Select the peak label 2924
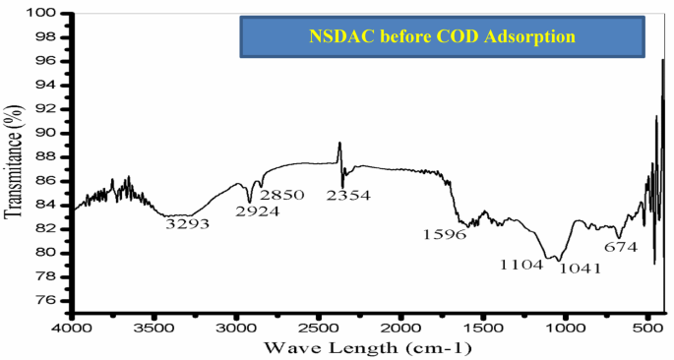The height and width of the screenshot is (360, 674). (x=257, y=210)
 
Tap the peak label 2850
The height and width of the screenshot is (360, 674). (x=283, y=195)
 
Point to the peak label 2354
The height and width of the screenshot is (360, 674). (x=348, y=196)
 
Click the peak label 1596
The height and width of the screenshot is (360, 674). (x=445, y=235)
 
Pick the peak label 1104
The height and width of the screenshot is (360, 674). (x=521, y=265)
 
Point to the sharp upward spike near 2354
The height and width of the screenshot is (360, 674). (x=339, y=145)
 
